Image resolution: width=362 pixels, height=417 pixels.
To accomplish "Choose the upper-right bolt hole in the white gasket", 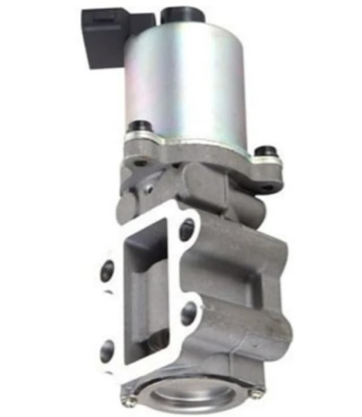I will click(187, 229).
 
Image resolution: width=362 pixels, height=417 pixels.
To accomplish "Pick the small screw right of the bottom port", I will click(257, 390).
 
